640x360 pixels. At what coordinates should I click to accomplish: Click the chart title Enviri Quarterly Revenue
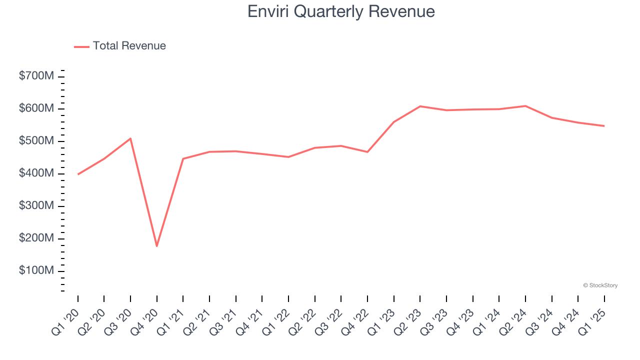pyautogui.click(x=341, y=11)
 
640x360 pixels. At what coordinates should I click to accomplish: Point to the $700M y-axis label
pyautogui.click(x=36, y=76)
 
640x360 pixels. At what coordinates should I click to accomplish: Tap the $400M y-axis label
pyautogui.click(x=36, y=173)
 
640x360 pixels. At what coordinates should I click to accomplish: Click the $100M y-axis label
pyautogui.click(x=36, y=271)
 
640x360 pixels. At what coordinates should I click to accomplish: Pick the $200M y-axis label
pyautogui.click(x=36, y=238)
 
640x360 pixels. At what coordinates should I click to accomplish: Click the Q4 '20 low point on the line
pyautogui.click(x=157, y=246)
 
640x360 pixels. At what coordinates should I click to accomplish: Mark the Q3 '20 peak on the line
pyautogui.click(x=130, y=138)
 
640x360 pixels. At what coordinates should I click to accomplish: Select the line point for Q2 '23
pyautogui.click(x=420, y=106)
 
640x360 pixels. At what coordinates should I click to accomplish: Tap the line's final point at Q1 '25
pyautogui.click(x=604, y=126)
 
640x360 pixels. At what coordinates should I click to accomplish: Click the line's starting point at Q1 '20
pyautogui.click(x=78, y=174)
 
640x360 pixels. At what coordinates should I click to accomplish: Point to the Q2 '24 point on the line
pyautogui.click(x=525, y=106)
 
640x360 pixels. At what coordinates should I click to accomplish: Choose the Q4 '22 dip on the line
pyautogui.click(x=367, y=152)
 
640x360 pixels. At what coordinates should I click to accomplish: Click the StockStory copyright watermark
pyautogui.click(x=600, y=285)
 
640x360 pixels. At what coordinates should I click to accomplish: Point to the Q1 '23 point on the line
pyautogui.click(x=394, y=122)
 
